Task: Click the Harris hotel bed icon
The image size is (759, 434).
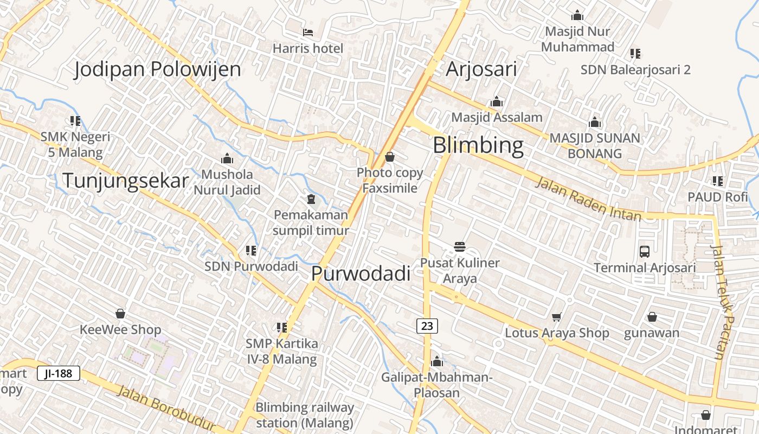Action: pos(308,33)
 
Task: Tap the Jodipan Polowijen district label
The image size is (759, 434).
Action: pos(157,69)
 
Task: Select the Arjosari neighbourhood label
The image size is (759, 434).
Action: pos(481,69)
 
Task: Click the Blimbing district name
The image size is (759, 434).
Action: pos(478,145)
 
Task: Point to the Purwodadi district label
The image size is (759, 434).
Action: pos(361,274)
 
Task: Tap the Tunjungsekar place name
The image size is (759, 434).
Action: pos(126,181)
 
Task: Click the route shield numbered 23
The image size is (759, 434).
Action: pos(427,325)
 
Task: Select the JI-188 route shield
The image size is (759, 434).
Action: pos(59,373)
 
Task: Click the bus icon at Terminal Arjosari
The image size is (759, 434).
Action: pos(645,252)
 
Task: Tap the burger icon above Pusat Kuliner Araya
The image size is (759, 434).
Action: pos(460,247)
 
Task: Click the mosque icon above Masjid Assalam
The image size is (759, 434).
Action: pos(497,102)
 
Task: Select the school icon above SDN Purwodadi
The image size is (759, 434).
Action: pos(251,251)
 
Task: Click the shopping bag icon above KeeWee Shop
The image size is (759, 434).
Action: pos(120,314)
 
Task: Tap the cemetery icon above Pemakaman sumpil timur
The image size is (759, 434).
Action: pos(311,199)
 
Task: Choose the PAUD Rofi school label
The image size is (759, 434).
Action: pos(718,197)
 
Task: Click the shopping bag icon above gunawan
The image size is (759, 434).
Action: pos(652,317)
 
